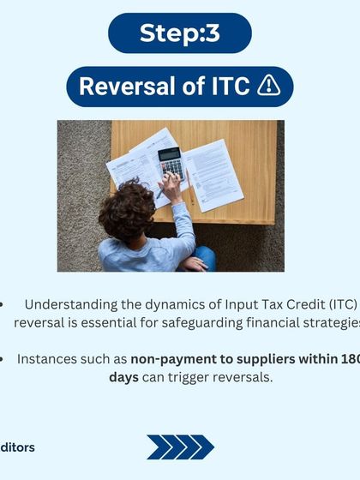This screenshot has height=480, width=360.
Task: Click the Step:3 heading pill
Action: tap(180, 33)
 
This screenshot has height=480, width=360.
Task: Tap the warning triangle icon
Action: tap(268, 87)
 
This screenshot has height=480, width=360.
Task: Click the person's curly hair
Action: tap(127, 211)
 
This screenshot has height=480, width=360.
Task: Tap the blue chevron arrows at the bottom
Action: tap(180, 447)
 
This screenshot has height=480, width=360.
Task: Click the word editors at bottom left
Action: tap(17, 447)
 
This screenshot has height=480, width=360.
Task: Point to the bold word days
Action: tap(123, 377)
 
